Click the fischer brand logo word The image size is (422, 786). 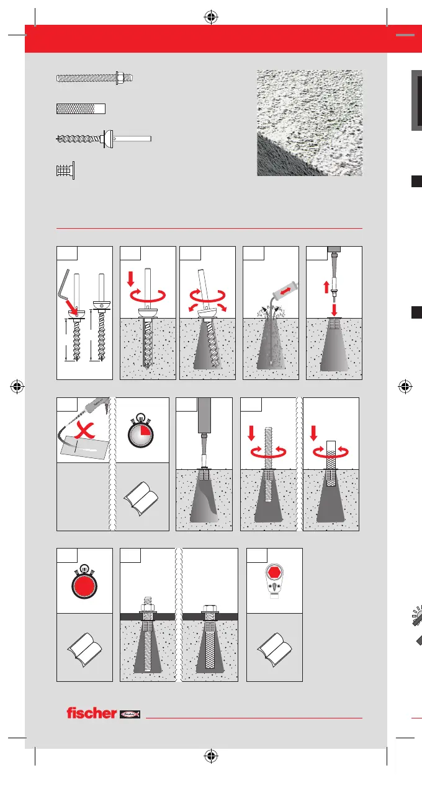91,713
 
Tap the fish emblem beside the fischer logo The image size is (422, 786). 130,714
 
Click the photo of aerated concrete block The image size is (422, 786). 310,123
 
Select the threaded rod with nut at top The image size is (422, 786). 94,78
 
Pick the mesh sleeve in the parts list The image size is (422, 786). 81,108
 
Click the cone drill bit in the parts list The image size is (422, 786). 104,139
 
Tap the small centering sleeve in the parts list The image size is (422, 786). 65,170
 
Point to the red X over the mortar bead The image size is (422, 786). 84,431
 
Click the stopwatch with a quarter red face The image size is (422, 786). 140,431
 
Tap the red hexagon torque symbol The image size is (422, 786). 274,572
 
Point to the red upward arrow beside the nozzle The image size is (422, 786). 326,287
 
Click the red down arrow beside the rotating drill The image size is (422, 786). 131,278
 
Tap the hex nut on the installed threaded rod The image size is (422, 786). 148,607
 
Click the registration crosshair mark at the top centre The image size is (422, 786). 211,17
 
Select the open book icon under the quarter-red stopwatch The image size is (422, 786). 140,498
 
